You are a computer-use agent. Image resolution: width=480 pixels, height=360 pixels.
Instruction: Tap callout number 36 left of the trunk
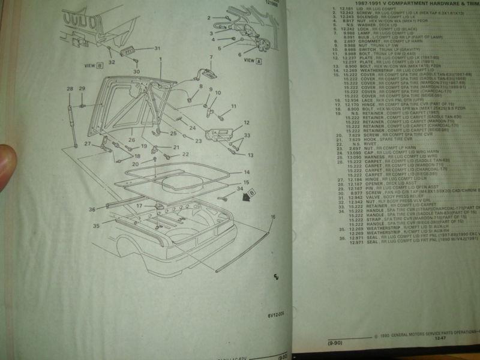point(92,209)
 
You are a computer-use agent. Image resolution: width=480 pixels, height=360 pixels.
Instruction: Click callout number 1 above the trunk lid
point(161,58)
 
